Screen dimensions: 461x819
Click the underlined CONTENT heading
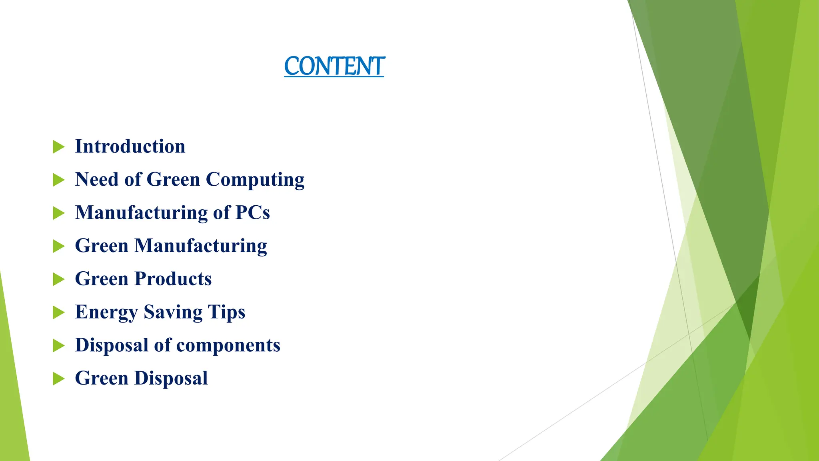tap(334, 66)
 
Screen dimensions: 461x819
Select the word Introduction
tap(130, 146)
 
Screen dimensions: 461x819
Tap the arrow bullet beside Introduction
tap(58, 147)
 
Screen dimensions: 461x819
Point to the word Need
tap(97, 179)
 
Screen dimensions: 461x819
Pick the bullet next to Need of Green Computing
tap(58, 180)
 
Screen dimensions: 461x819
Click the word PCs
tap(252, 212)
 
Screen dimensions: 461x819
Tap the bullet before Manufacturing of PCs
tap(58, 213)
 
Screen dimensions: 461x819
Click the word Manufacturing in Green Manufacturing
tap(200, 246)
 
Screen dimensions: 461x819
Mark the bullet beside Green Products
tap(58, 279)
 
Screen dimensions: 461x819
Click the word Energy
tap(106, 313)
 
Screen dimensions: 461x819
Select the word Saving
tap(173, 313)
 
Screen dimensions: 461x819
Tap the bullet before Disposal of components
tap(58, 346)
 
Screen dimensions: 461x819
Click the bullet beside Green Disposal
tap(58, 379)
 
